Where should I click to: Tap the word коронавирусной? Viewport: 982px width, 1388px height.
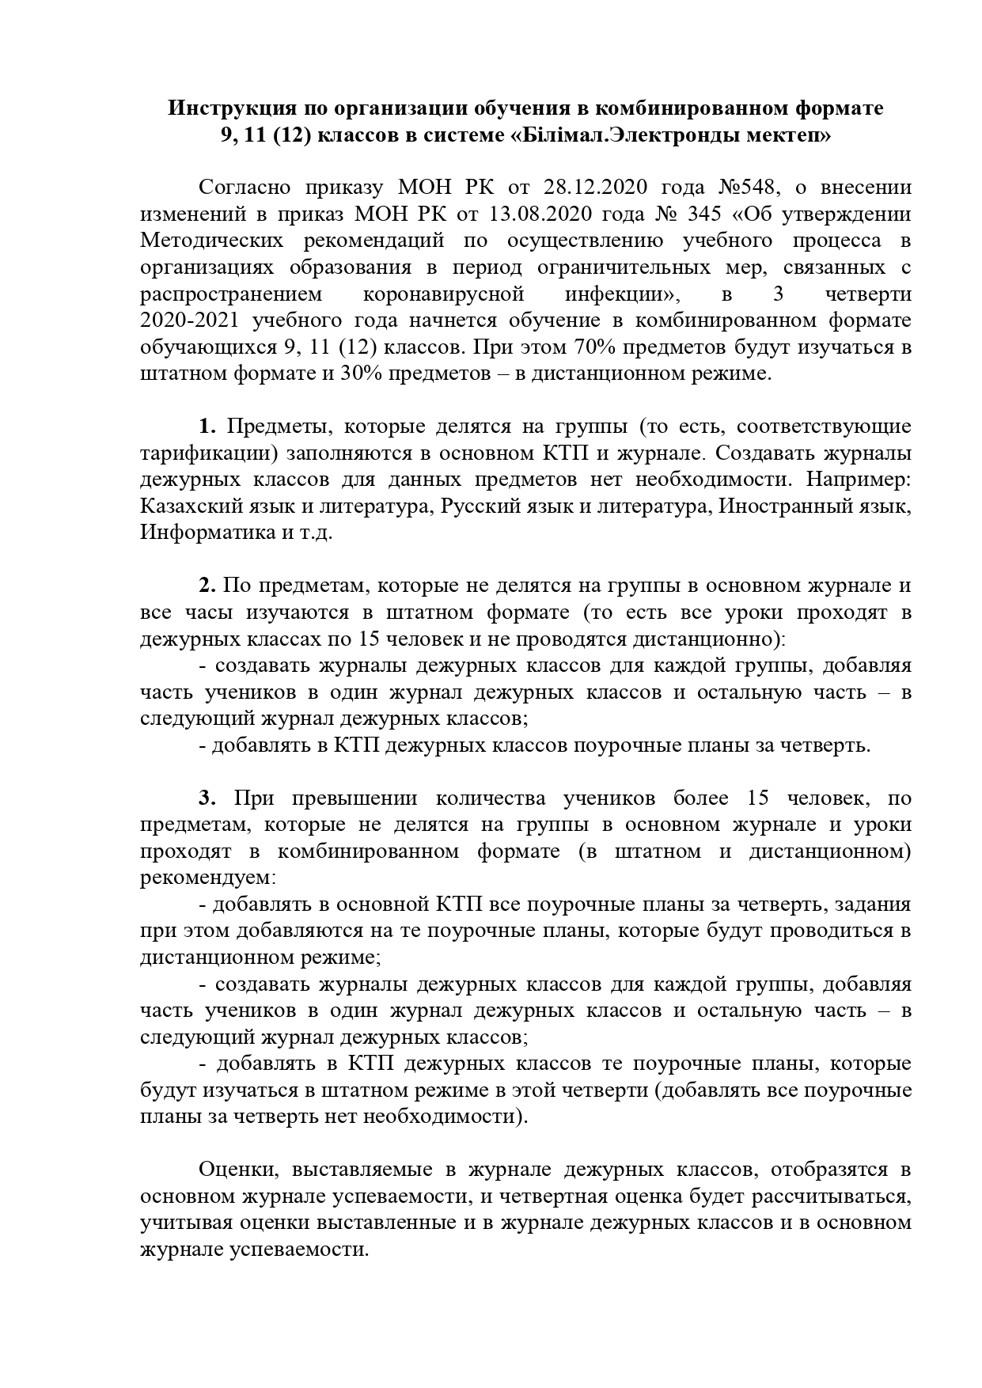[x=444, y=294]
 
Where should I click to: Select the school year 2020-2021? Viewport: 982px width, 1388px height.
[x=190, y=320]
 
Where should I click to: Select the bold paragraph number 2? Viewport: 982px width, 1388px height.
[x=207, y=586]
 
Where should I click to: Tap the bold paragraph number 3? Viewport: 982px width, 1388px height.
[x=207, y=798]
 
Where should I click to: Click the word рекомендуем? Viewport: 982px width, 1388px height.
[x=208, y=878]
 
